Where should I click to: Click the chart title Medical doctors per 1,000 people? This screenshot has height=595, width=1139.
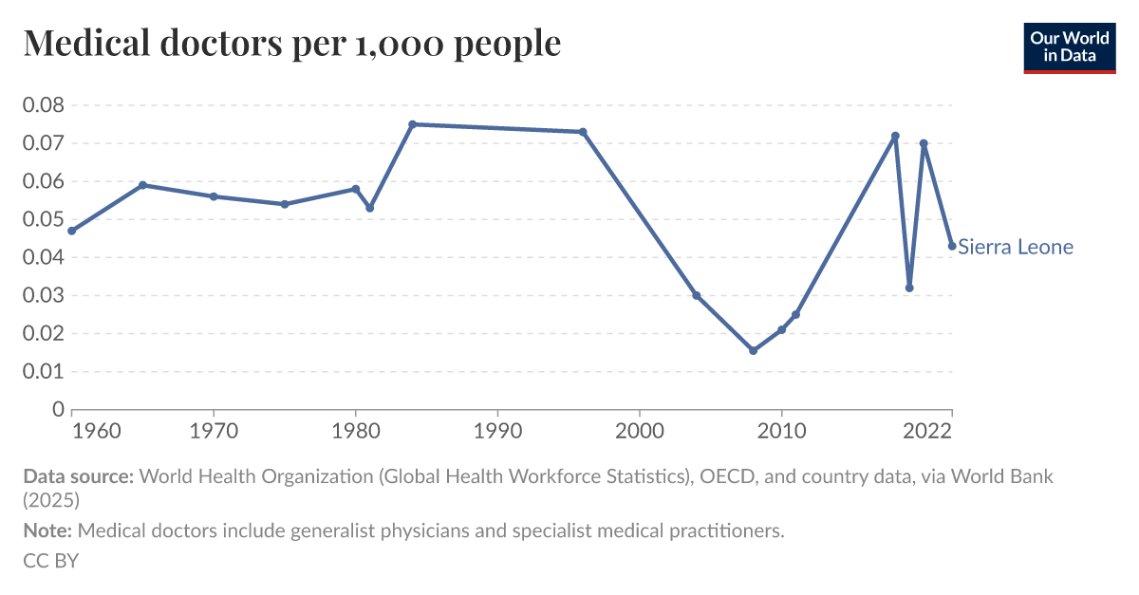(x=292, y=43)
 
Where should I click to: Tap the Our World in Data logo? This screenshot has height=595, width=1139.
(x=1069, y=47)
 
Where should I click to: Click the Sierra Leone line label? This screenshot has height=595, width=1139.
(x=1016, y=247)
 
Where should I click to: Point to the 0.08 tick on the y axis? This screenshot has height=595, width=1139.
(x=43, y=105)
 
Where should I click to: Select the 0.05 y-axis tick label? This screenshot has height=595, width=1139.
(x=43, y=219)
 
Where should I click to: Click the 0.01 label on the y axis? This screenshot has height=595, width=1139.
(x=43, y=371)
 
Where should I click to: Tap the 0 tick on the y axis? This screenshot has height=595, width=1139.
(x=56, y=409)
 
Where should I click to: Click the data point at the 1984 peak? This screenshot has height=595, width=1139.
(x=412, y=124)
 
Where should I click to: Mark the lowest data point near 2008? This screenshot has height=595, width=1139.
(x=753, y=350)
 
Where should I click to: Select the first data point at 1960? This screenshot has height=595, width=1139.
(x=71, y=231)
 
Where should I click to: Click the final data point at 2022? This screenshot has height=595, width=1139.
(x=952, y=246)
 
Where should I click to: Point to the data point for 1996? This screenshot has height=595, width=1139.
(x=583, y=132)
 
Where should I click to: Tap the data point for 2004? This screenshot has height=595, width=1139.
(x=696, y=295)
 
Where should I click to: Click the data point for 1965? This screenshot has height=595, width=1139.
(x=142, y=185)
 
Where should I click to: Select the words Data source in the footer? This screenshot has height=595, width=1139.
(x=78, y=476)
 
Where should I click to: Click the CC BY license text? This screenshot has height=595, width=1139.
(x=50, y=561)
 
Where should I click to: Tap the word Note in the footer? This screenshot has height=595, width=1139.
(x=47, y=530)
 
